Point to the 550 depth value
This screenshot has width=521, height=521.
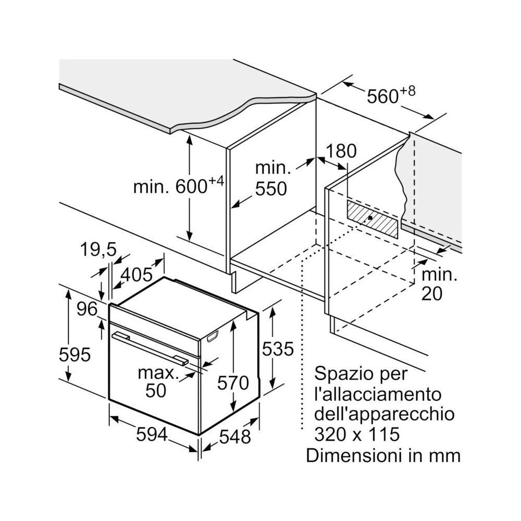271,189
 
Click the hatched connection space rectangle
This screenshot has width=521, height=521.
373,219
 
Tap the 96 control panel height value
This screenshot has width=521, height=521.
87,309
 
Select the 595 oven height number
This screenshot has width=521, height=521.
75,355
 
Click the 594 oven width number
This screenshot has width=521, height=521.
152,433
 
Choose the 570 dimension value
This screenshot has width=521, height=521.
233,383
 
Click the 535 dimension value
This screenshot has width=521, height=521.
278,349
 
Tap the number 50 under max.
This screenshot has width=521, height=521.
155,390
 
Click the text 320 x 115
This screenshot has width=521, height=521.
357,434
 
